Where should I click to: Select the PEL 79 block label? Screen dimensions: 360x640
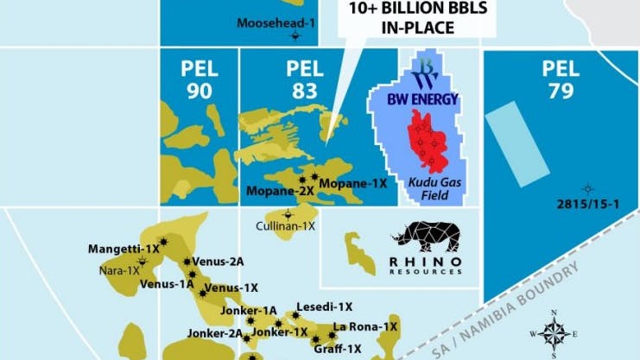click(561, 79)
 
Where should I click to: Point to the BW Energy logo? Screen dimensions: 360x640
click(424, 85)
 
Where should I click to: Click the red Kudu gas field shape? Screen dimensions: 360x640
click(428, 142)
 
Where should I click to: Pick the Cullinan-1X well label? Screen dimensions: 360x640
click(286, 225)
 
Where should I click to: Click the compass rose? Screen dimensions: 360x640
click(554, 332)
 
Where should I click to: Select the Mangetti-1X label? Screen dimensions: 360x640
click(124, 249)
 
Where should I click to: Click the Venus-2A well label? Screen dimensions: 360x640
click(219, 261)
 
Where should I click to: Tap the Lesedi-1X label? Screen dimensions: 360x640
click(324, 306)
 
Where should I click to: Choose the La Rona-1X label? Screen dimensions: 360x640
click(365, 326)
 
